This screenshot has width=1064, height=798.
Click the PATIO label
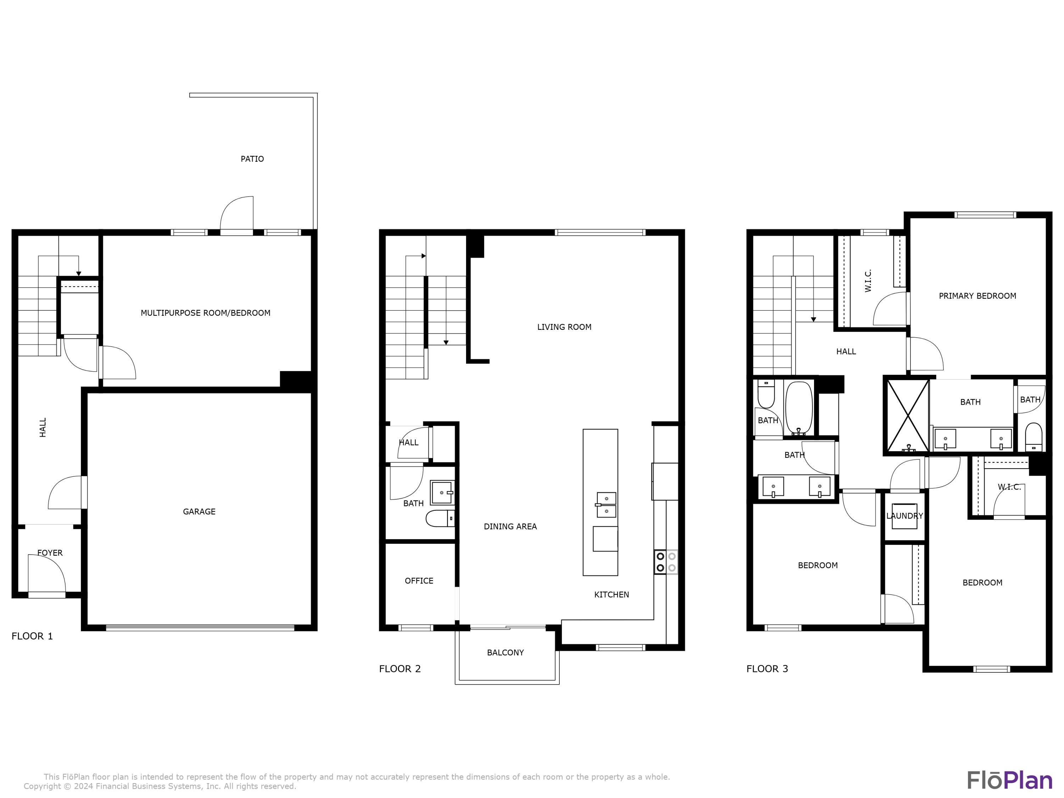[x=252, y=159]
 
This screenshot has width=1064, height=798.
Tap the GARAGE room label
[x=199, y=511]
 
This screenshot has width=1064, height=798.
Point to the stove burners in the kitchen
[x=666, y=562]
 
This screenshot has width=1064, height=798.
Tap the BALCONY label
[x=505, y=652]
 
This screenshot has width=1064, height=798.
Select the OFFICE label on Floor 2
[x=419, y=581]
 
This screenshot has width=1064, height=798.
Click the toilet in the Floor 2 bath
[x=439, y=519]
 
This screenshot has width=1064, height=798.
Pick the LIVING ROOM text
[x=564, y=327]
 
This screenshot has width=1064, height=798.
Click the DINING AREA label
[x=510, y=526]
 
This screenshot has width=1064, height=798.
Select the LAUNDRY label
[x=904, y=516]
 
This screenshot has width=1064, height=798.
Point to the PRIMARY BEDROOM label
[x=977, y=296]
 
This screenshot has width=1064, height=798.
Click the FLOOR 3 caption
[x=767, y=669]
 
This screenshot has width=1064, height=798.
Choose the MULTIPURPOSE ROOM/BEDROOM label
[x=205, y=313]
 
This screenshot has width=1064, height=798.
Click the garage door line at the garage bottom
[x=200, y=627]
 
